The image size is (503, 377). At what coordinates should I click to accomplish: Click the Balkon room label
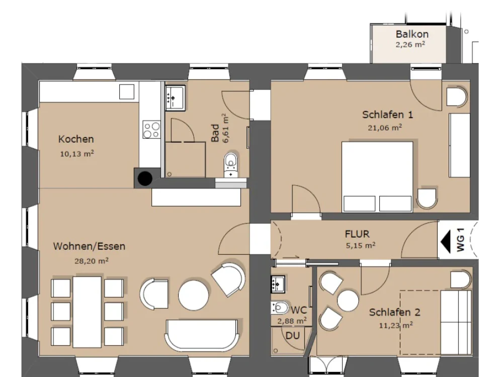(412, 34)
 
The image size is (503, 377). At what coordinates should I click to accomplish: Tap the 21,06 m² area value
(385, 128)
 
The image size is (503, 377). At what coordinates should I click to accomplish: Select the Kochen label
(76, 139)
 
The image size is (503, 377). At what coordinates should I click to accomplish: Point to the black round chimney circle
(145, 178)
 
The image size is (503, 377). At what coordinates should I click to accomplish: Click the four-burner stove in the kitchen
(151, 130)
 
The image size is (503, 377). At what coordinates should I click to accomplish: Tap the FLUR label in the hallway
(357, 234)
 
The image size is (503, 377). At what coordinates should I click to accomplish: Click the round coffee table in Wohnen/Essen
(194, 296)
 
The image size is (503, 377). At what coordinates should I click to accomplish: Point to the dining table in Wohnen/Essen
(87, 312)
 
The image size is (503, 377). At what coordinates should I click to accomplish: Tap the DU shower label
(293, 336)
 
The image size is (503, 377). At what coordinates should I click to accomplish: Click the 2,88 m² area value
(292, 321)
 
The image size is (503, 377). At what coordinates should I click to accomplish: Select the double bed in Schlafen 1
(377, 177)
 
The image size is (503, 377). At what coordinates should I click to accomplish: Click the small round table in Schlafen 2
(348, 301)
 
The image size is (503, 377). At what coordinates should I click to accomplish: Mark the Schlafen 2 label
(394, 312)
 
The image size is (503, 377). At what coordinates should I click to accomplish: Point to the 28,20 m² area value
(92, 261)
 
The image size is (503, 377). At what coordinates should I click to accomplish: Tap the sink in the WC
(278, 284)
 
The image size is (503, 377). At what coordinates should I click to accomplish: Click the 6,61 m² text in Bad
(226, 128)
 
